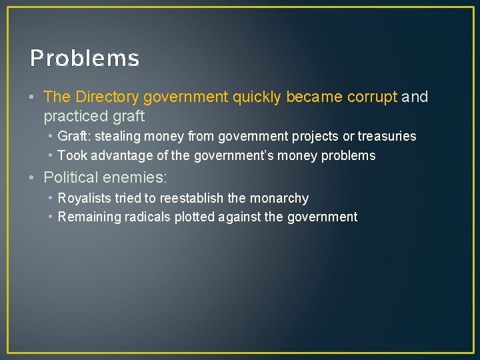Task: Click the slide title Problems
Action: point(85,59)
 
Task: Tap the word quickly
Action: point(257,97)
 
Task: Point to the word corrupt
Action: point(372,97)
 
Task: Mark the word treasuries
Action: point(387,137)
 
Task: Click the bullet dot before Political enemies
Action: point(33,178)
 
